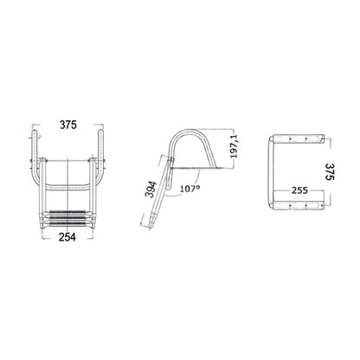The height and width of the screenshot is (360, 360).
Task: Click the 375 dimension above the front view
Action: click(x=68, y=125)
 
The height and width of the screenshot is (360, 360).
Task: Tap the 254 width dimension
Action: click(x=67, y=237)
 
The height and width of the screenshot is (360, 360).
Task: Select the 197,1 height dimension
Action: click(x=234, y=146)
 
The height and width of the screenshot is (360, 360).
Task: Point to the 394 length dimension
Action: click(x=151, y=190)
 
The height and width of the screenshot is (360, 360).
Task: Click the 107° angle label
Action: click(x=190, y=189)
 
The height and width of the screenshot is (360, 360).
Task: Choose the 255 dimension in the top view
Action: click(x=299, y=190)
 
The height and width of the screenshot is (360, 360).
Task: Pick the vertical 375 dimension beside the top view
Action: click(x=330, y=172)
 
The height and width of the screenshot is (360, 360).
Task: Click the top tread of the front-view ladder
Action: click(x=68, y=213)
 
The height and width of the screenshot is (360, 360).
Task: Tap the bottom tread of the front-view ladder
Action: click(x=68, y=224)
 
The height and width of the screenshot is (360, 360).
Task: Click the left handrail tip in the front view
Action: click(x=35, y=132)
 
